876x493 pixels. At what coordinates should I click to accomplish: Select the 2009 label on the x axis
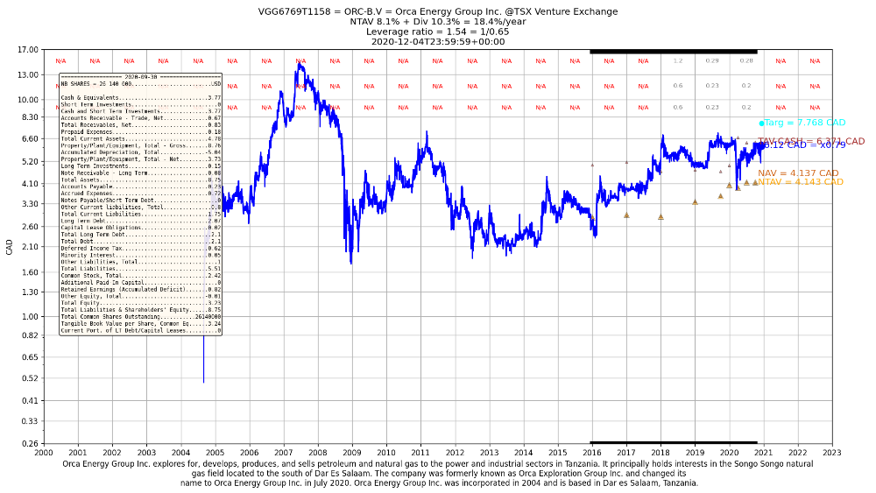pos(351,452)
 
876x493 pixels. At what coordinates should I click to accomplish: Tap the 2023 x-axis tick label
pos(831,452)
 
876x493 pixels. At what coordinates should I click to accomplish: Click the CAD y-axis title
pos(10,247)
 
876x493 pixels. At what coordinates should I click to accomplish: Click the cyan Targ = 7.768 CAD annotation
pos(805,123)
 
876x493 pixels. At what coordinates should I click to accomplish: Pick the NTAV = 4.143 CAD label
pos(801,182)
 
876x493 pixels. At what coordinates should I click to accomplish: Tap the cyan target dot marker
pos(762,123)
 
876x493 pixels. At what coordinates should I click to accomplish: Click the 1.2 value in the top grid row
pos(678,61)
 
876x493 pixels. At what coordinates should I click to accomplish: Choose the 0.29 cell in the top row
pos(712,61)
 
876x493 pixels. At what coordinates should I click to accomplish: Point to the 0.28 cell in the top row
pos(746,61)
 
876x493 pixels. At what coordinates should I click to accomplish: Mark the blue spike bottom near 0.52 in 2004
pos(203,382)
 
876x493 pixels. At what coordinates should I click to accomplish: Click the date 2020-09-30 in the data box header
pos(139,77)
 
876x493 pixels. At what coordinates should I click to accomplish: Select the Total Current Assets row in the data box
pos(140,138)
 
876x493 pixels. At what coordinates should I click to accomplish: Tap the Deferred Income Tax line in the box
pos(140,249)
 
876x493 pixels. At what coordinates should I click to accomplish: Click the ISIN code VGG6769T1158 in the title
pos(293,12)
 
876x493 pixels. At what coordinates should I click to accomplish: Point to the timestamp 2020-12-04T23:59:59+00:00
pos(438,41)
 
